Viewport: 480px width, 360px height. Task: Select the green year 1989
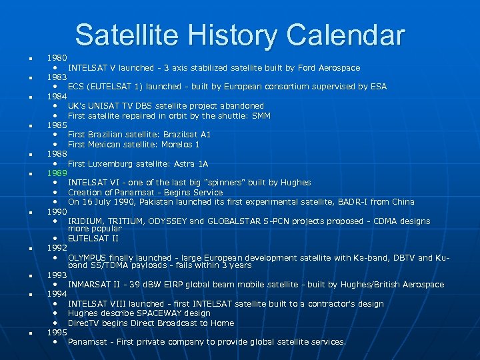57,173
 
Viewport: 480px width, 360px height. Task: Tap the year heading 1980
57,58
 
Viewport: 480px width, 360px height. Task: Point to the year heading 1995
57,332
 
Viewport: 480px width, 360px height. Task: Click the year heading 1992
57,247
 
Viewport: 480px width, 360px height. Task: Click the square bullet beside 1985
23,125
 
